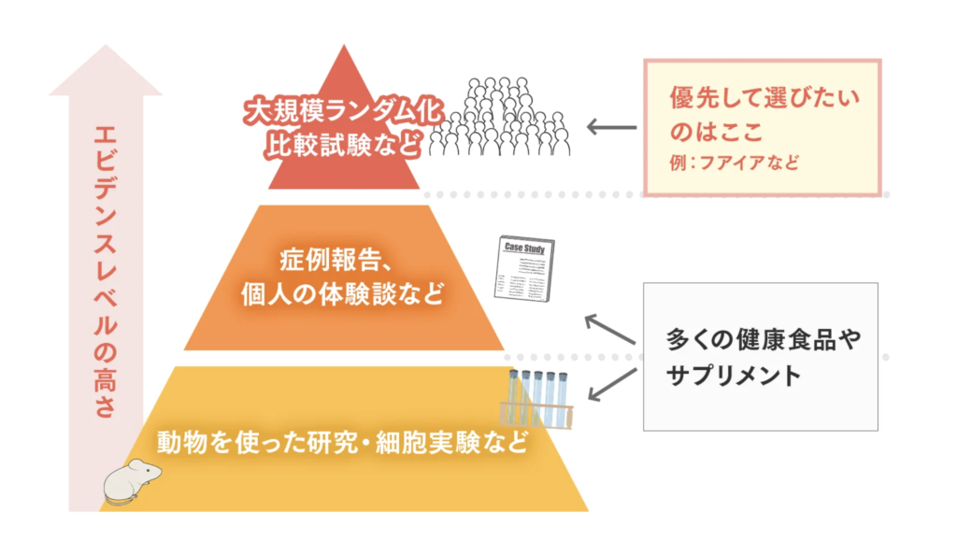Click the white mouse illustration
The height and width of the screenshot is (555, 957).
tap(131, 482)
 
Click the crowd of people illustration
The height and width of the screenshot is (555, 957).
tap(506, 116)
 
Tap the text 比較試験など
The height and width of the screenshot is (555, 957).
tap(340, 144)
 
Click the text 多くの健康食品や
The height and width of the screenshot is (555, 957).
tap(761, 338)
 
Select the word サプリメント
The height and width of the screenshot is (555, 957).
tap(734, 376)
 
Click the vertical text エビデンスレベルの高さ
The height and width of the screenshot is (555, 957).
tap(105, 271)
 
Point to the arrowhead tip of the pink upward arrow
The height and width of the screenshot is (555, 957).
tap(106, 48)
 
